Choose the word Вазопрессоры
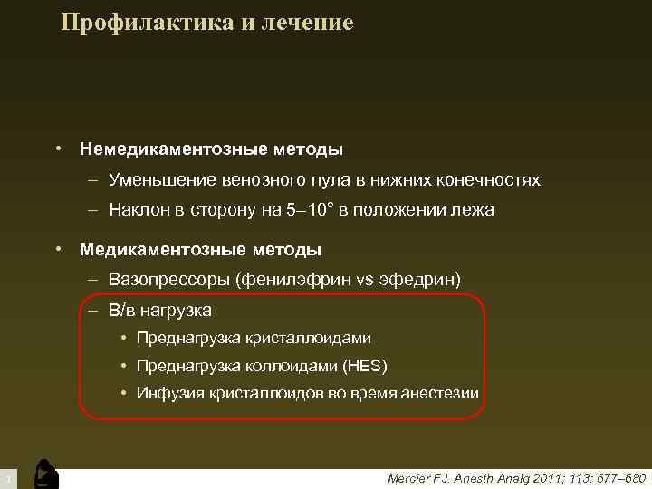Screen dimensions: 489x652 (169, 278)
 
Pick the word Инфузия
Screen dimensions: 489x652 (169, 393)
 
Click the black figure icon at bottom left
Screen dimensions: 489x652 (44, 473)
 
